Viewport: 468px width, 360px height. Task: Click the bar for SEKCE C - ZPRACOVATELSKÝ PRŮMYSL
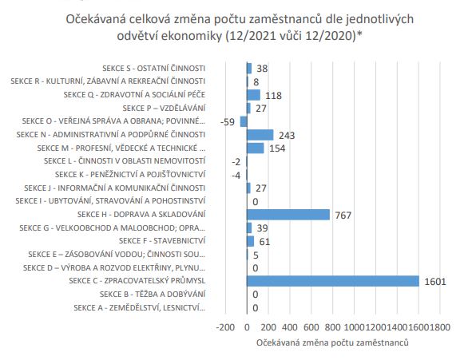(333, 281)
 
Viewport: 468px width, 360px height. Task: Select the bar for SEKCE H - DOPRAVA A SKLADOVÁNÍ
(288, 215)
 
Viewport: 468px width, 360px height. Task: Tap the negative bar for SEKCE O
(244, 121)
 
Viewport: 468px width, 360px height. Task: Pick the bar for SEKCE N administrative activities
(260, 135)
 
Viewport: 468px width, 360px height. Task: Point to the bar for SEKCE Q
(253, 95)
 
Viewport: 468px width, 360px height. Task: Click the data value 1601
(435, 282)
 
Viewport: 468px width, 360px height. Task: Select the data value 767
(343, 216)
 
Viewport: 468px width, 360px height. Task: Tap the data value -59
(228, 122)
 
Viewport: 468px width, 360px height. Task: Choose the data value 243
(287, 136)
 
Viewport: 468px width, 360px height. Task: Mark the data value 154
(277, 148)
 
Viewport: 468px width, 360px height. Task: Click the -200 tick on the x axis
(225, 327)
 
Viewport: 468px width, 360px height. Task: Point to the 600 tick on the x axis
(311, 327)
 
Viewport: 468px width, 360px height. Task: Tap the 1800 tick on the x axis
(439, 327)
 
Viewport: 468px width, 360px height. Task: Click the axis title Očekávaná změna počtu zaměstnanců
(332, 342)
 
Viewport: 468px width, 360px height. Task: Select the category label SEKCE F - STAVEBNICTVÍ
(162, 241)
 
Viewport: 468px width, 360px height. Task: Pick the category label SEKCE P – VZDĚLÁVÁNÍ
(164, 108)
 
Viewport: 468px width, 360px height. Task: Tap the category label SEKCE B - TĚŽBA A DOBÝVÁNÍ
(153, 294)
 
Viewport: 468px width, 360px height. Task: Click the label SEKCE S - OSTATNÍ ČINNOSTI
(153, 69)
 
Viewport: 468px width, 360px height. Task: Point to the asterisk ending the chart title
(359, 34)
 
